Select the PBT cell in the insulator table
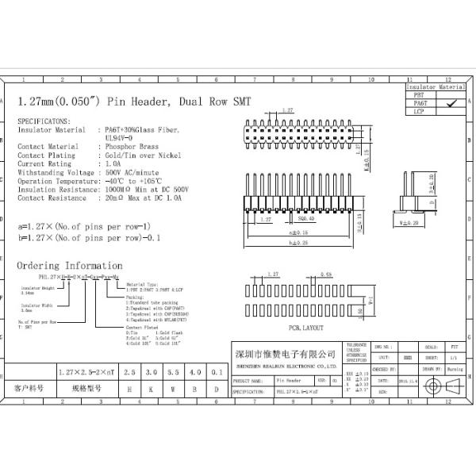(x=420, y=94)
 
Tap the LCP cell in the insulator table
(x=420, y=112)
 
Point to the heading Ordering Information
(x=70, y=265)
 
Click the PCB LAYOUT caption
(x=285, y=327)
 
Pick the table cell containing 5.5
(x=173, y=371)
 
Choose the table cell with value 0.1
(x=216, y=371)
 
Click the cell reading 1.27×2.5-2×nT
(x=84, y=371)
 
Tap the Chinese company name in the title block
(x=286, y=352)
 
